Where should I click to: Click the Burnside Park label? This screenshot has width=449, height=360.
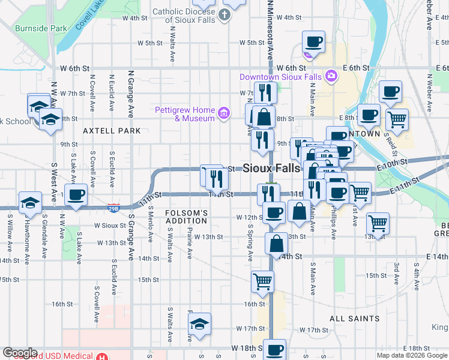pyautogui.click(x=41, y=28)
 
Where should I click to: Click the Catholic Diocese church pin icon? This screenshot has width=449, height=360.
pyautogui.click(x=224, y=14)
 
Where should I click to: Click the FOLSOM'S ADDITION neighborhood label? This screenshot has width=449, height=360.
pyautogui.click(x=187, y=217)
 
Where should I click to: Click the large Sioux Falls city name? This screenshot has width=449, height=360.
pyautogui.click(x=271, y=169)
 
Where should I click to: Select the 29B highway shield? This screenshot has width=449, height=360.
pyautogui.click(x=113, y=208)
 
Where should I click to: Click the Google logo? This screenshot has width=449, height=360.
pyautogui.click(x=20, y=353)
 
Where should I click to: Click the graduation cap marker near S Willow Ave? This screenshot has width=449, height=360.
pyautogui.click(x=29, y=202)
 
